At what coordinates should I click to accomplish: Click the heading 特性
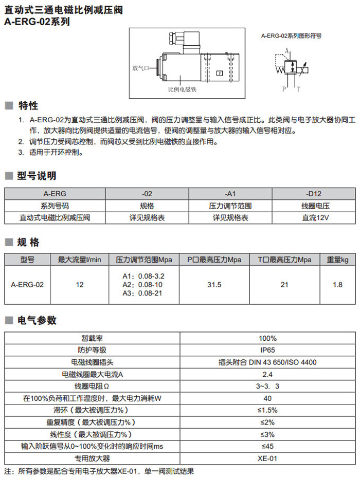tap(28, 105)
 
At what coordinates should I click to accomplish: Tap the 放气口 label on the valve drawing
tap(140, 68)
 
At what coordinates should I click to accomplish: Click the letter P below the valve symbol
tap(283, 89)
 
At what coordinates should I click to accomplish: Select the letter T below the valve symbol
tap(298, 89)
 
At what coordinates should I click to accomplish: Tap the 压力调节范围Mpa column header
tap(143, 260)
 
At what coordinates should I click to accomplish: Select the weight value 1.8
tap(337, 284)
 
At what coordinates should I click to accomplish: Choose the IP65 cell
tap(267, 350)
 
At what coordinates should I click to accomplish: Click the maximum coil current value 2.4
tap(267, 374)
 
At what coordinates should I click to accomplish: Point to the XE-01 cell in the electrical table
tap(267, 458)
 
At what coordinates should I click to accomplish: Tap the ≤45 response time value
tap(267, 446)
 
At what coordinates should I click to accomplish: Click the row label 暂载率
tap(93, 338)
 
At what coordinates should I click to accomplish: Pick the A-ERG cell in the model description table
tap(55, 194)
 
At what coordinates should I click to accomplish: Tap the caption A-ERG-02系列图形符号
tap(291, 36)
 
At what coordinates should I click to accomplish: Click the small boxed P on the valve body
tap(219, 73)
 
